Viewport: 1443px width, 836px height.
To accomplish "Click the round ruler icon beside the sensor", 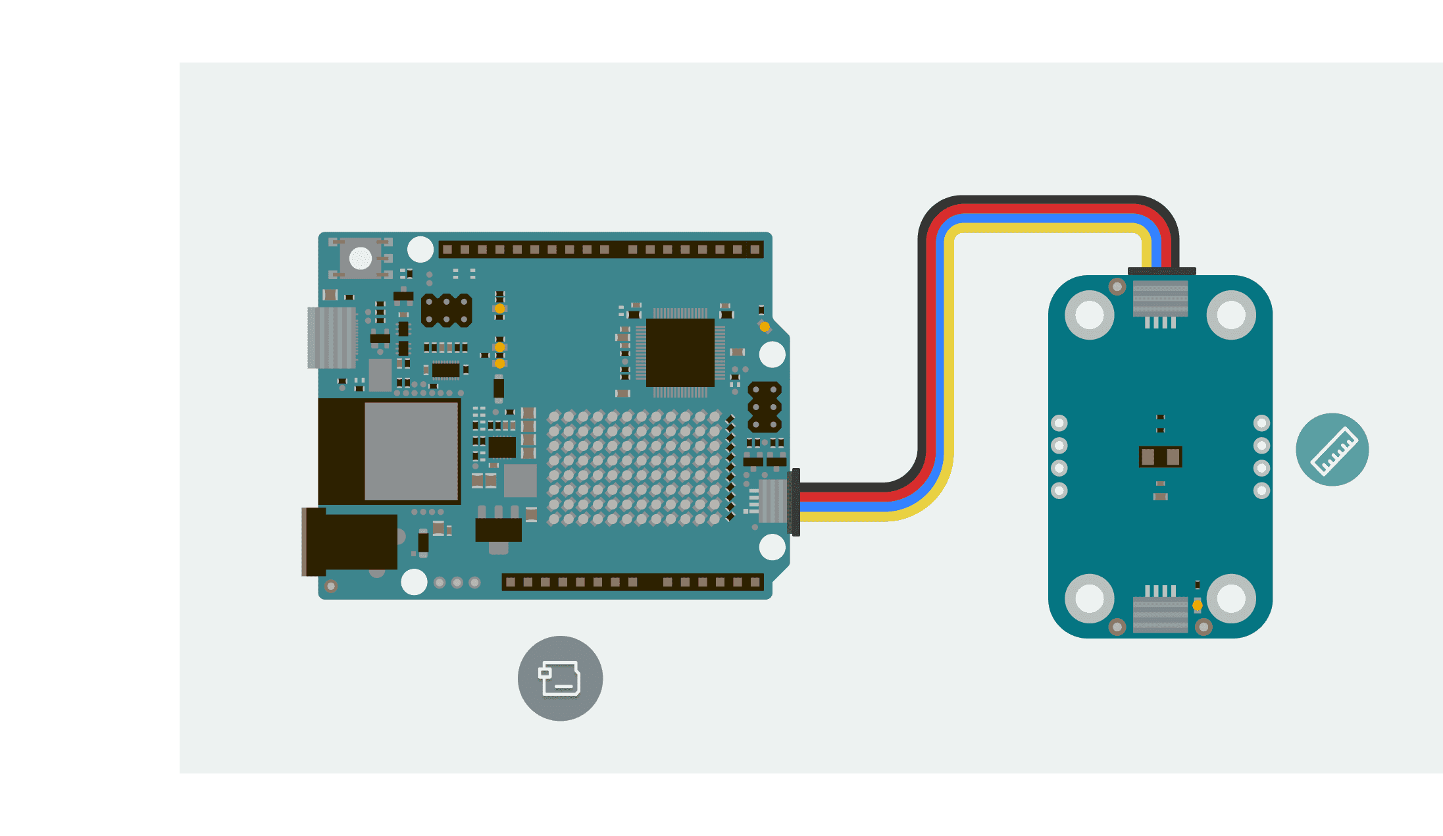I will (x=1332, y=450).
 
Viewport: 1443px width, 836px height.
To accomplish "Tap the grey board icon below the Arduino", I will (x=560, y=678).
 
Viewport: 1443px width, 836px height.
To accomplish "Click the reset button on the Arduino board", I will (x=360, y=257).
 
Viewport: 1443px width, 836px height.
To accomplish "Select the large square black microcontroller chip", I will (x=680, y=353).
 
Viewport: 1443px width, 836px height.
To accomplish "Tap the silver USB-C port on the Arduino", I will (x=332, y=337).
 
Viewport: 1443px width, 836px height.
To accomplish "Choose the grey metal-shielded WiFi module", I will (x=411, y=451).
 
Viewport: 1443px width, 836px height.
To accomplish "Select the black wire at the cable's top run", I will (x=1046, y=199).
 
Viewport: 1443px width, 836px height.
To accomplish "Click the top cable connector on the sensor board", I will (x=1161, y=298).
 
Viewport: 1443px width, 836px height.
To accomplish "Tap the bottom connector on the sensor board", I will (x=1161, y=614).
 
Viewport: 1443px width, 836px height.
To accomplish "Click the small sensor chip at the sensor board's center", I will (x=1160, y=456).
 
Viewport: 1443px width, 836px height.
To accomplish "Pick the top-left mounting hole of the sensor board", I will (x=1089, y=315).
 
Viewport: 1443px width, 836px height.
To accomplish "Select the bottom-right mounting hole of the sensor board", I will (x=1231, y=598).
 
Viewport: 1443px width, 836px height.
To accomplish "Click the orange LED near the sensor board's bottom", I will (x=1198, y=605).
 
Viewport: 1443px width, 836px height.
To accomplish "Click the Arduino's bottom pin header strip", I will (x=632, y=582).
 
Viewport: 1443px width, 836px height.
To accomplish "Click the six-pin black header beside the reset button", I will (x=447, y=311).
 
